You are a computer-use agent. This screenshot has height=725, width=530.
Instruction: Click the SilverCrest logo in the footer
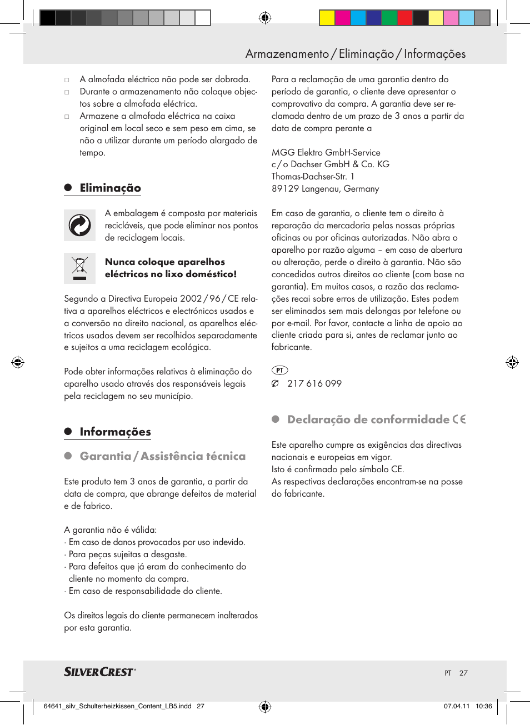point(99,672)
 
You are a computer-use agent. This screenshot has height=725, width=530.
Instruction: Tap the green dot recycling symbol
point(79,226)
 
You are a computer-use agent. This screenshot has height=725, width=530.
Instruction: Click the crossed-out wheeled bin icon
point(79,268)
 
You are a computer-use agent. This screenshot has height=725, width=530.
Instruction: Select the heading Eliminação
point(110,188)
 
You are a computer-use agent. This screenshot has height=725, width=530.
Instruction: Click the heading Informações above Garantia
point(115,432)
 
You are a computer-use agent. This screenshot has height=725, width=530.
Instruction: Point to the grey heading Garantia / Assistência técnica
point(162,456)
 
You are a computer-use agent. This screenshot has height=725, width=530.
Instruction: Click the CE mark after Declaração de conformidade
point(459,419)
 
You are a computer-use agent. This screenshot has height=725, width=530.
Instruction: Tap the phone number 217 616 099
point(314,383)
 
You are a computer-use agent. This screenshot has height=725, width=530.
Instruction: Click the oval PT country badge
point(279,370)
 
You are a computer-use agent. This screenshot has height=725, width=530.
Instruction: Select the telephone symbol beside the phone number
point(275,383)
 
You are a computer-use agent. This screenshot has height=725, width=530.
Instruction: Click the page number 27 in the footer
point(463,673)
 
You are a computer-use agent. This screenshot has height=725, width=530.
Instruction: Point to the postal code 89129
point(285,189)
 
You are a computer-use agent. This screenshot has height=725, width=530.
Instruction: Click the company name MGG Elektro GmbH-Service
point(326,152)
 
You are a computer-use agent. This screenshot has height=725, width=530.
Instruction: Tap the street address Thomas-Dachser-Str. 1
point(313,177)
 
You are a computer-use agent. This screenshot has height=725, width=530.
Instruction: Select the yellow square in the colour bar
point(327,18)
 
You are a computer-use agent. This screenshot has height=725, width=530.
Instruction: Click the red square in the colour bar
point(404,18)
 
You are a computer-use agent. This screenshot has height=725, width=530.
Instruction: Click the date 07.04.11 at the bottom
point(456,706)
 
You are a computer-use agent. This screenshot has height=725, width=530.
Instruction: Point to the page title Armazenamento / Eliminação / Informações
point(356,54)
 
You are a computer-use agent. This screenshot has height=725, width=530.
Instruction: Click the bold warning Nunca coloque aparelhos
point(165,262)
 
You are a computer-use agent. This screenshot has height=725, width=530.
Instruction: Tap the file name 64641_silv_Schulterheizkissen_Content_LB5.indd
point(117,706)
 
